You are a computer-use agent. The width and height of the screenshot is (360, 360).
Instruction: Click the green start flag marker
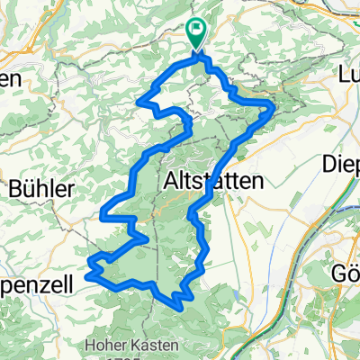pyautogui.click(x=196, y=33)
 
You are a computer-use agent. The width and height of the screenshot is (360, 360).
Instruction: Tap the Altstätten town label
pyautogui.click(x=215, y=180)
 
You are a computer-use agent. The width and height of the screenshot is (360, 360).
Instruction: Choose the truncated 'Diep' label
pyautogui.click(x=343, y=164)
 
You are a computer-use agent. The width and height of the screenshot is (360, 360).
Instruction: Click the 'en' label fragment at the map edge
pyautogui.click(x=11, y=78)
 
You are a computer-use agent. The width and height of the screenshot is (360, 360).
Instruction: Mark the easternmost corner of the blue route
pyautogui.click(x=274, y=107)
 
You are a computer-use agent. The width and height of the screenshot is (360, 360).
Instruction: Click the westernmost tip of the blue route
pyautogui.click(x=89, y=263)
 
